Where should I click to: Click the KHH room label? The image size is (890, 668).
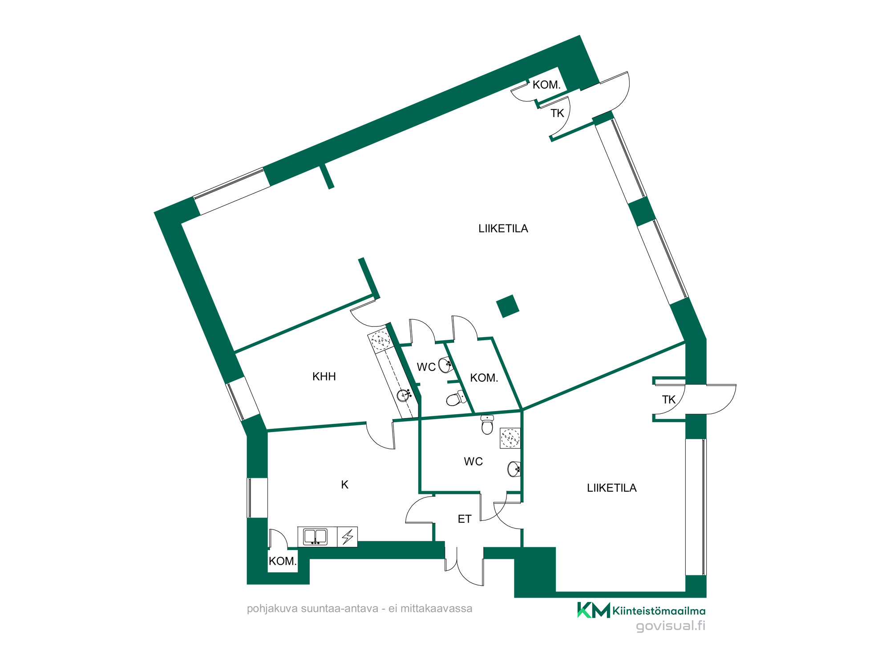tap(324, 377)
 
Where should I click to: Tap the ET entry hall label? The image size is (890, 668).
tap(464, 519)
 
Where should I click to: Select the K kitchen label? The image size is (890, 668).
tap(344, 485)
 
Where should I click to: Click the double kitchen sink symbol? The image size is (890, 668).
tap(315, 537)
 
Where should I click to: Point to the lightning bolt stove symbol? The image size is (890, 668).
tap(348, 537)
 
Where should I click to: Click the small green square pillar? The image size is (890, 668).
tap(508, 306)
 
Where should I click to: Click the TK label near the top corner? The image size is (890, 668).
tap(557, 114)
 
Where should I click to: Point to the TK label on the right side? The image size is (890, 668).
tap(668, 400)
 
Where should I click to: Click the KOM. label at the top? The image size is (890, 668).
tap(546, 85)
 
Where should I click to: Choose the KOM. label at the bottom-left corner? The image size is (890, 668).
tap(282, 561)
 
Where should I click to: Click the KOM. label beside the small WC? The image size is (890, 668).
tap(484, 378)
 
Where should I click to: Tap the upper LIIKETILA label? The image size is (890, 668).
tap(503, 228)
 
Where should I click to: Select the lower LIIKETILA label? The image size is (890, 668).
tap(611, 488)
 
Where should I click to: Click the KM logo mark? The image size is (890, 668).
tap(593, 610)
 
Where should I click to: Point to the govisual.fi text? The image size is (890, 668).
tap(670, 626)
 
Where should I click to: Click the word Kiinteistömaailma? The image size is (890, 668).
tap(659, 611)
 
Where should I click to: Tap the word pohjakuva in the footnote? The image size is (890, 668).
tap(272, 609)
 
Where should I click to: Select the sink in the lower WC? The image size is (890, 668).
tap(514, 469)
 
